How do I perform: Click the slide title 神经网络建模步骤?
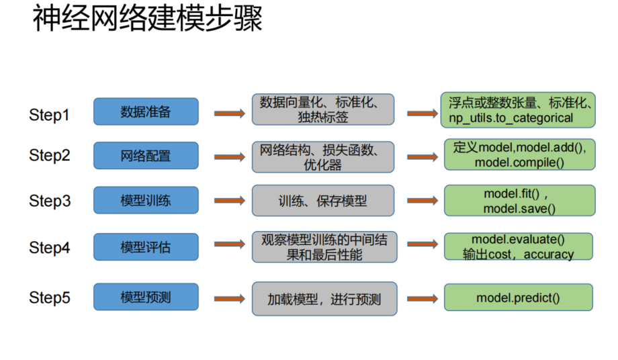(x=147, y=19)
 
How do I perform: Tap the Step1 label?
(x=49, y=115)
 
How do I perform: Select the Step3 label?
(x=49, y=201)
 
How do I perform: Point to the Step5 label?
(x=49, y=298)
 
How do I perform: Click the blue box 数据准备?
(x=146, y=111)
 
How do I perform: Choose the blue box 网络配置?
(x=146, y=156)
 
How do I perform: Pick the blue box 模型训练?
(x=146, y=200)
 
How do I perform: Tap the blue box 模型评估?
(x=146, y=247)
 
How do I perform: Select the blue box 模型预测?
(x=146, y=297)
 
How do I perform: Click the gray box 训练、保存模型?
(x=322, y=201)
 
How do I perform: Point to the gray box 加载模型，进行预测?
(x=322, y=299)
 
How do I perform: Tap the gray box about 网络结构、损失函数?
(x=322, y=156)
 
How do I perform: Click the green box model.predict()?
(x=518, y=298)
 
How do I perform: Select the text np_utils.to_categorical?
(x=511, y=118)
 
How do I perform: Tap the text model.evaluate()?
(x=518, y=240)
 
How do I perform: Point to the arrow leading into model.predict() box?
(x=422, y=299)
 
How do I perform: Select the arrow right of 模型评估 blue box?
(x=229, y=247)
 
